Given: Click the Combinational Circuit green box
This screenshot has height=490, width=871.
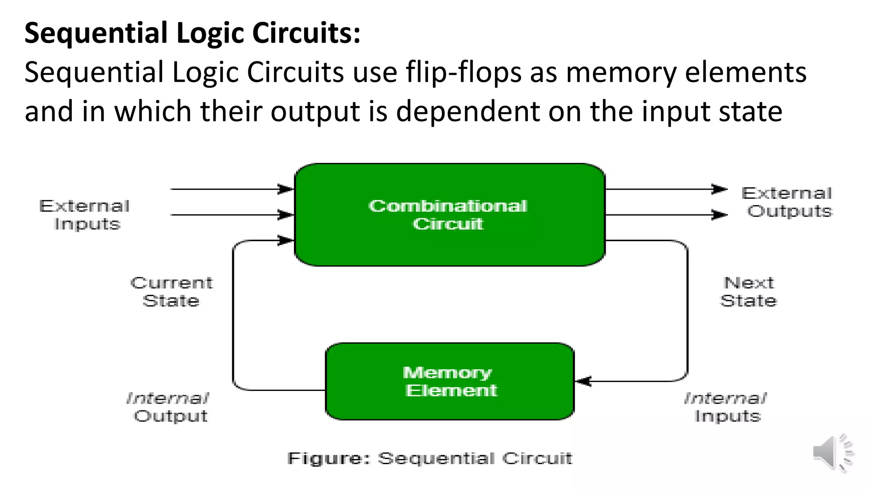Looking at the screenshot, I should (450, 215).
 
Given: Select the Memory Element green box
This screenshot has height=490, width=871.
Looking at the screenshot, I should (450, 381).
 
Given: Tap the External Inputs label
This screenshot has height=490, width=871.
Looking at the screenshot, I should (85, 215).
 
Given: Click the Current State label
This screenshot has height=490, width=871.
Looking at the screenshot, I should (171, 292).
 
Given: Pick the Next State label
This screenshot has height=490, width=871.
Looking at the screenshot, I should (749, 292).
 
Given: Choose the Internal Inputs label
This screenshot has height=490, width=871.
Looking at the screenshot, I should (726, 407).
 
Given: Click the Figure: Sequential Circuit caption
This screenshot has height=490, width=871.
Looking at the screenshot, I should (430, 459).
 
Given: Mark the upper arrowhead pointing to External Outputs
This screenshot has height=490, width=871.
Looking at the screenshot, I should (719, 189).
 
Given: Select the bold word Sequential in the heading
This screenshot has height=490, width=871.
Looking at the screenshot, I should (96, 33).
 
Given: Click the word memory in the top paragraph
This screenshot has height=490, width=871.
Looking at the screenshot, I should (621, 72).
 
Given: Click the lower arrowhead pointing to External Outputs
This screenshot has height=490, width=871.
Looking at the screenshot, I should (719, 215).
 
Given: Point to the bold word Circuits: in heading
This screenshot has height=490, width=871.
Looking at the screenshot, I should (306, 33).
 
